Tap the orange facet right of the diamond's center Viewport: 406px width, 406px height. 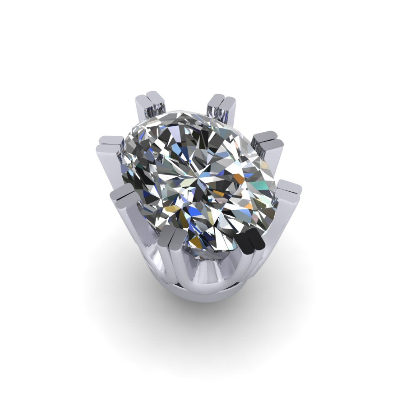[239, 179]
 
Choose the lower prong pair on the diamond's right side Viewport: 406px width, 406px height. [289, 189]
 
